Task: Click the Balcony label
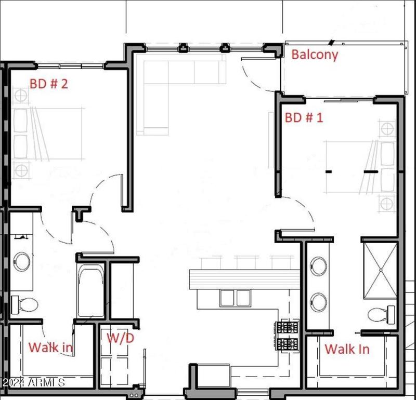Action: click(315, 55)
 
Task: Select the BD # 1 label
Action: click(304, 118)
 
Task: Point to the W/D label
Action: click(120, 338)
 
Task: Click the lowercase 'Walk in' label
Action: click(50, 347)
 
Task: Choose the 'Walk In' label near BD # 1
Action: click(347, 349)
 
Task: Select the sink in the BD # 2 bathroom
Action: click(22, 261)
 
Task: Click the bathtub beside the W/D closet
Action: click(91, 291)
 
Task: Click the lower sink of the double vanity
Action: click(318, 301)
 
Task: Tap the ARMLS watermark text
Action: click(33, 383)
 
